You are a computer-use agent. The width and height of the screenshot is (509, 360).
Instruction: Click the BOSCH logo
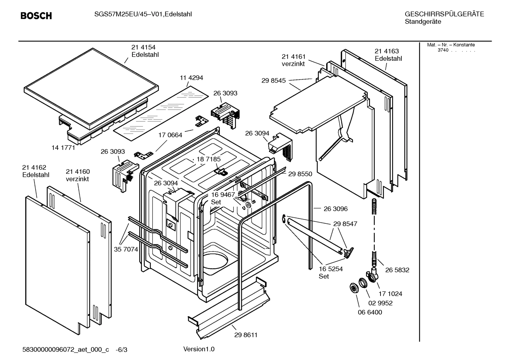pos(36,16)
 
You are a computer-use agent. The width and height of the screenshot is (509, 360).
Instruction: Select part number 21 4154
pos(143,47)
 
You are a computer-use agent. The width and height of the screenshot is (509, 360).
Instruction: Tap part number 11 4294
pos(192,78)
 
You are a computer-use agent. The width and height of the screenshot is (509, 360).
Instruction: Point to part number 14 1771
pos(63,148)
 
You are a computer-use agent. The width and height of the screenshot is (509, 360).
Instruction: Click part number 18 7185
pos(209,159)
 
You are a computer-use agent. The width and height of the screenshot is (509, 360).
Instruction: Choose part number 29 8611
pos(246,335)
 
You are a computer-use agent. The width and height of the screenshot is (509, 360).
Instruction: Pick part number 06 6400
pos(370,312)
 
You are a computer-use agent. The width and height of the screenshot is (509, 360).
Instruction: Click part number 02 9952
pos(381,303)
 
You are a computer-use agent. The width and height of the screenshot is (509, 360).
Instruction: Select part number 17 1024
pos(390,294)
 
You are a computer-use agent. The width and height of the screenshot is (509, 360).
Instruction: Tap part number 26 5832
pos(397,270)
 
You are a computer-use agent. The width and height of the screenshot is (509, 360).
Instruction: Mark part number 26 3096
pos(336,209)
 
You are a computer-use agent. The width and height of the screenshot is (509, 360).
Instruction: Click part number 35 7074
pos(126,249)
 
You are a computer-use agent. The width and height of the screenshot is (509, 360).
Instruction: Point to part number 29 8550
pos(300,174)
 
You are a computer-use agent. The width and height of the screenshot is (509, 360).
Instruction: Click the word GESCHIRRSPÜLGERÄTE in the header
pos(444,14)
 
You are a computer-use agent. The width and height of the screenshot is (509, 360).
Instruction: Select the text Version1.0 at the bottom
pos(199,349)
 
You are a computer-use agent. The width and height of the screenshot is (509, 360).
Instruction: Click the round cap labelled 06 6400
pos(353,287)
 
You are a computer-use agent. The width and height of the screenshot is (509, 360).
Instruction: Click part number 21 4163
pos(387,51)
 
